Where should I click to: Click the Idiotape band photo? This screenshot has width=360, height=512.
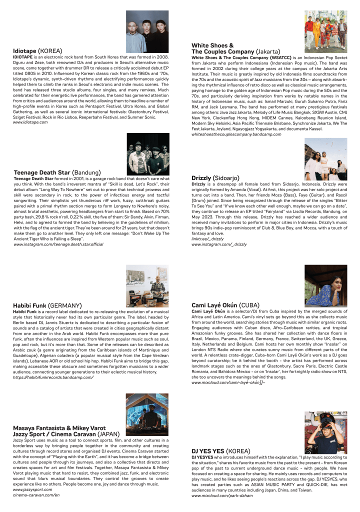point(147,28)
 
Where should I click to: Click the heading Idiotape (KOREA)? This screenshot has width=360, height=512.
point(37,51)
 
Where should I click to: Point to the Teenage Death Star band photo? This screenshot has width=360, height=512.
point(147,154)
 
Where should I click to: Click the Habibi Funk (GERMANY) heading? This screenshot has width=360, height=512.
point(47,305)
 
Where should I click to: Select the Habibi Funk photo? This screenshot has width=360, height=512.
point(147,286)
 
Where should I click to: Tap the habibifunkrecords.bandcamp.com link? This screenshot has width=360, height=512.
point(53,377)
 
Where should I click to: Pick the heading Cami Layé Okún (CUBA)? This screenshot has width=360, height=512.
point(225,304)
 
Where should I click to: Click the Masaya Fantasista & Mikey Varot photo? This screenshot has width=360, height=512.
point(147,415)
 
